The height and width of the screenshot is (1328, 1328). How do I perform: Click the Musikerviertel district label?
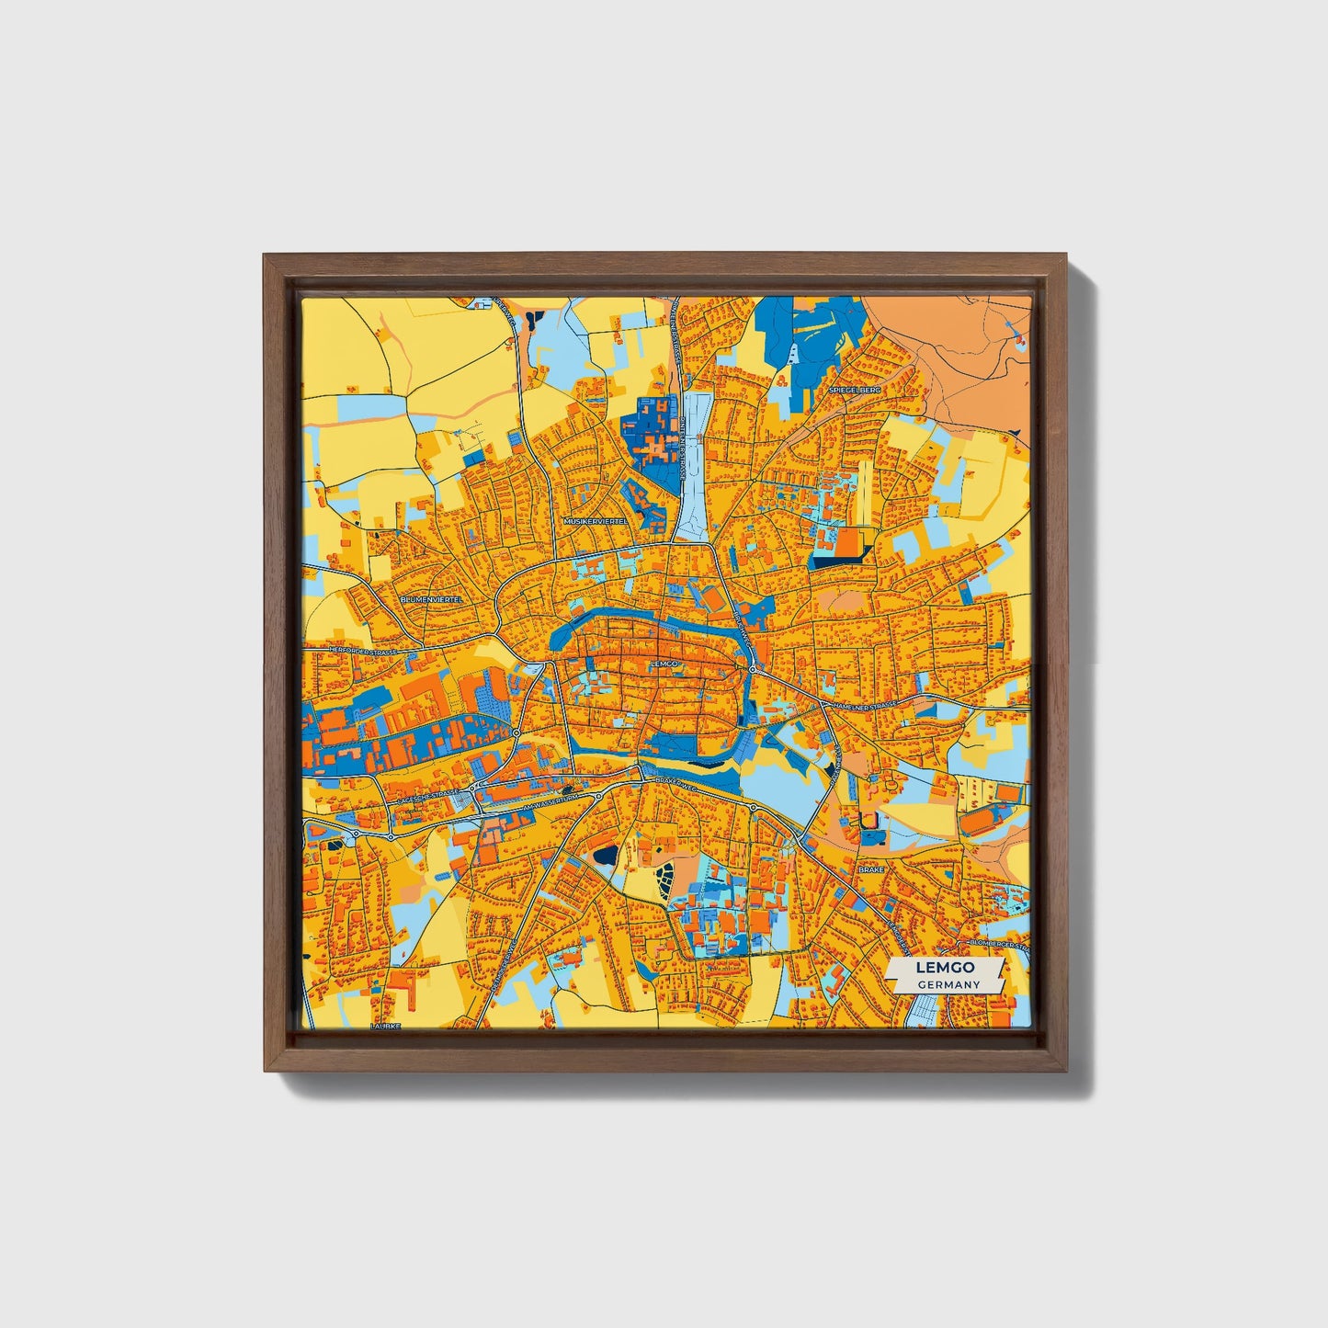pyautogui.click(x=596, y=520)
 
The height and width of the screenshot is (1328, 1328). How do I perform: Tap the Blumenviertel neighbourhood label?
pyautogui.click(x=433, y=598)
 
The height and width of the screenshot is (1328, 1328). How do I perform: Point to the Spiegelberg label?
pyautogui.click(x=854, y=390)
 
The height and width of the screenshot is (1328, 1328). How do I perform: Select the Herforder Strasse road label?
pyautogui.click(x=363, y=651)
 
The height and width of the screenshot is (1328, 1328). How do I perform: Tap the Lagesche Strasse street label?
pyautogui.click(x=428, y=801)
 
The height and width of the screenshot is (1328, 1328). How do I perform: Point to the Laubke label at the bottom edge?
pyautogui.click(x=385, y=1025)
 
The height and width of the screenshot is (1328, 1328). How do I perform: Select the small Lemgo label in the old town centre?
pyautogui.click(x=663, y=663)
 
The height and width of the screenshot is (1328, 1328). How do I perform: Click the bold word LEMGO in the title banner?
pyautogui.click(x=946, y=968)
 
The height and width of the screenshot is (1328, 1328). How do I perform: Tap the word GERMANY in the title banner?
pyautogui.click(x=948, y=984)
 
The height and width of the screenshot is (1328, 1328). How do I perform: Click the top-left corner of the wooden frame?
pyautogui.click(x=266, y=256)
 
